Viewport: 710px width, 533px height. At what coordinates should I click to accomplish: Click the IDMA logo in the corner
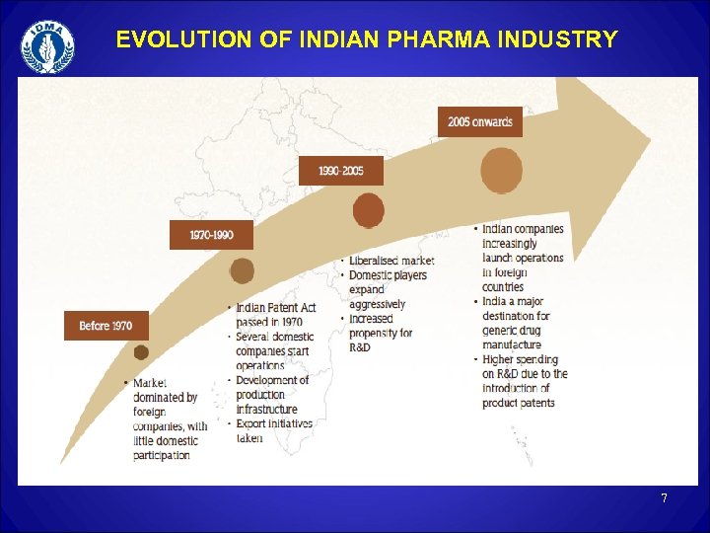tap(47, 46)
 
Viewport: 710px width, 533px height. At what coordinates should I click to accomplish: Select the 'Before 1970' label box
tap(106, 326)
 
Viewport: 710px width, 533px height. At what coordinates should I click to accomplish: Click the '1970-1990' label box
tap(211, 235)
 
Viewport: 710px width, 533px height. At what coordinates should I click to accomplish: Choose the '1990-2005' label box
tap(340, 171)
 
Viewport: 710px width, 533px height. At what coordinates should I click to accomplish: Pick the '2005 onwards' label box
tap(480, 121)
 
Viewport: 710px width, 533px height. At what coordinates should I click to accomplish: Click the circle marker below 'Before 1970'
tap(141, 352)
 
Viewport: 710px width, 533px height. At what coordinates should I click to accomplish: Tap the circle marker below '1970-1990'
tap(242, 270)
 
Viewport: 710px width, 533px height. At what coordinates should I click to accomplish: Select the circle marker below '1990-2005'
tap(368, 210)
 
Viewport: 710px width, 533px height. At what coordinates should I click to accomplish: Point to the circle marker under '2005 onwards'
tap(502, 171)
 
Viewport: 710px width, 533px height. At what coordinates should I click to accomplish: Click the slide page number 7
tap(664, 498)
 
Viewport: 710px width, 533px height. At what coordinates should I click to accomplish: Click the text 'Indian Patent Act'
tap(276, 308)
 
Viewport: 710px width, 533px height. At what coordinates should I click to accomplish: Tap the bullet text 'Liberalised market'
tap(391, 261)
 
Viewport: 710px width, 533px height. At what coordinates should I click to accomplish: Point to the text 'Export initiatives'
tap(274, 423)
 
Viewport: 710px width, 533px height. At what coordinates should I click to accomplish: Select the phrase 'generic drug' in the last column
tap(516, 331)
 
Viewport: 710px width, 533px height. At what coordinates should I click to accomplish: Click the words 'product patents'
tap(519, 403)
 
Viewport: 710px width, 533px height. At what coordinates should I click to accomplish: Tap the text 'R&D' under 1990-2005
tap(360, 347)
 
